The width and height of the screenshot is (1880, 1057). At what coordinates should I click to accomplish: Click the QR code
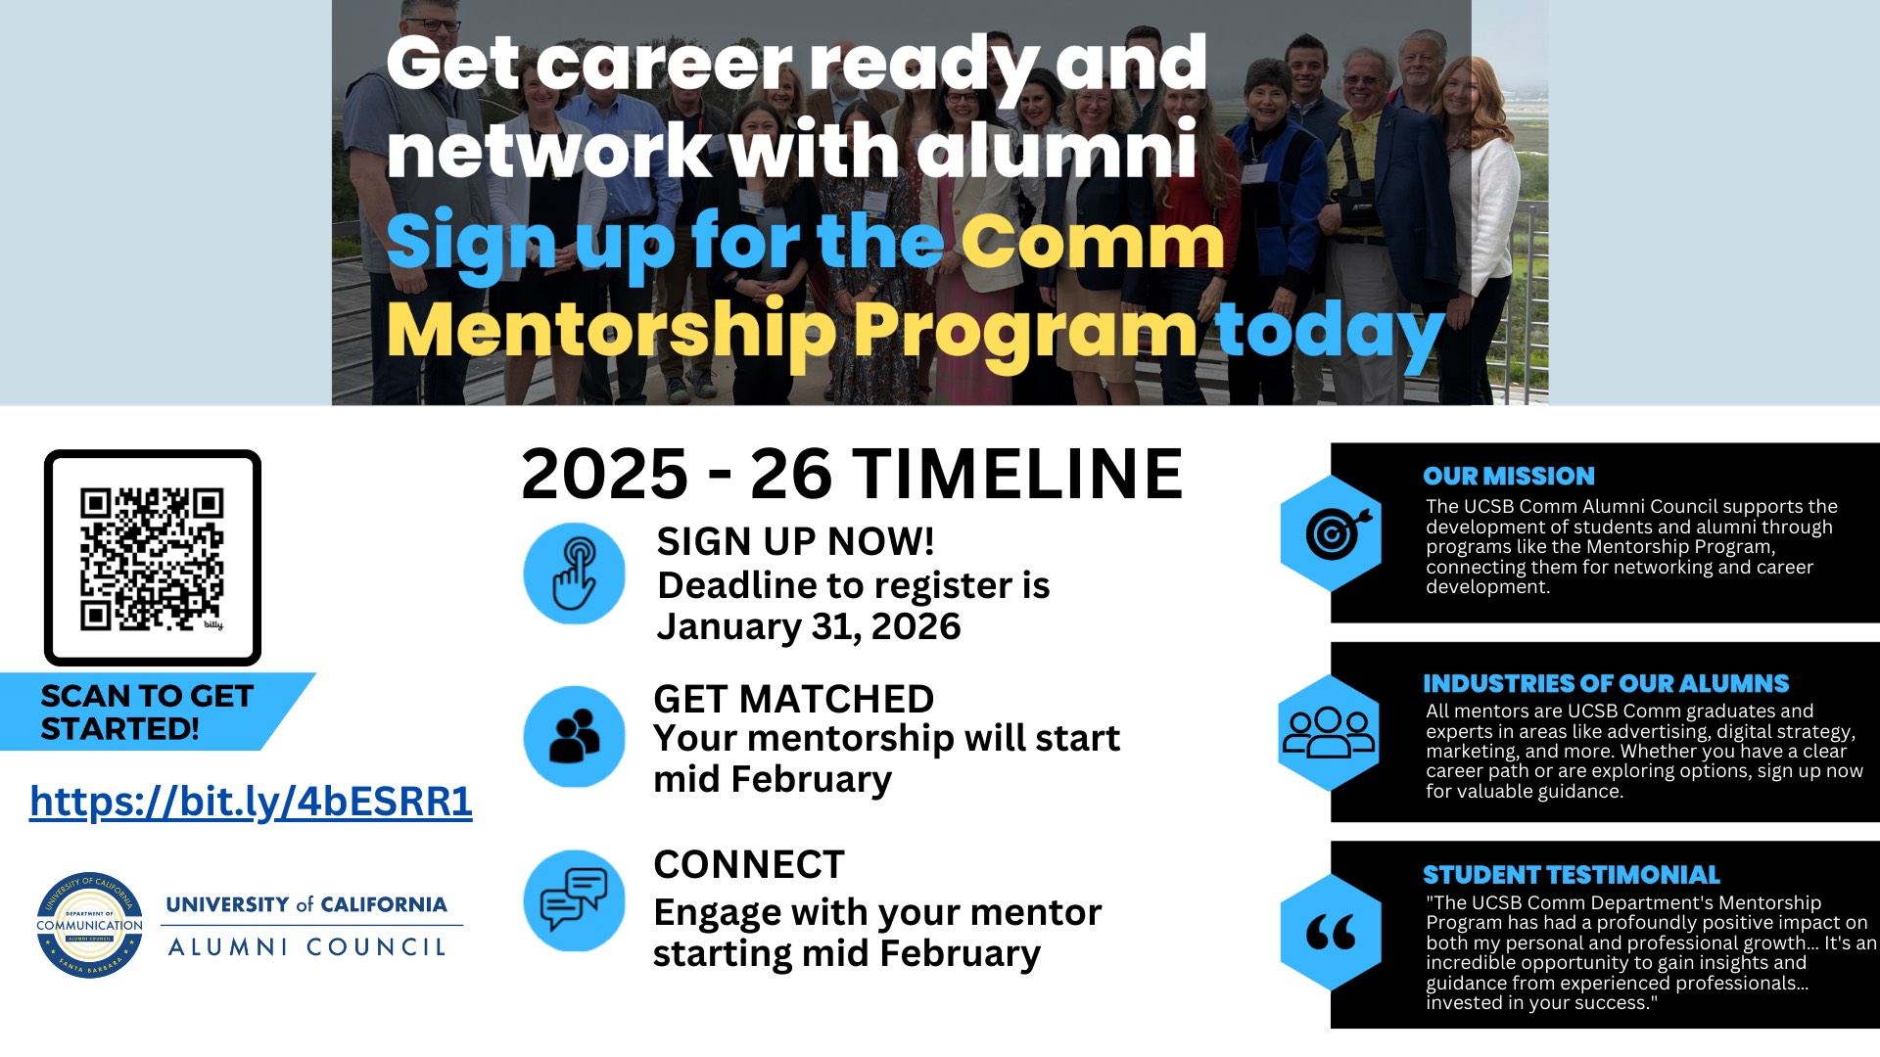tap(152, 558)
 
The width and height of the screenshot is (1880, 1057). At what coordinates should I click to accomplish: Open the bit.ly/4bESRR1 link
tap(251, 801)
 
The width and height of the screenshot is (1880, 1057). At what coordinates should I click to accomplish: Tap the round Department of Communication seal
tap(89, 925)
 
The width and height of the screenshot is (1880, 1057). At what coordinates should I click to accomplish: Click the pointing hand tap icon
tap(574, 574)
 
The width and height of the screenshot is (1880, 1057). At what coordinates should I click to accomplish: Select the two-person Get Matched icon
tap(574, 736)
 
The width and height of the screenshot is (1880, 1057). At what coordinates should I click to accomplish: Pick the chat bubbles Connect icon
tap(574, 900)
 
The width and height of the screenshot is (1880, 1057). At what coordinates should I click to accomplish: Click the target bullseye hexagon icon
tap(1331, 533)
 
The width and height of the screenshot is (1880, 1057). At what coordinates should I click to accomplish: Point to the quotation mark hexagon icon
tap(1331, 932)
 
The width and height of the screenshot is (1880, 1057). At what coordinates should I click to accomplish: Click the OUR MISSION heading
tap(1508, 477)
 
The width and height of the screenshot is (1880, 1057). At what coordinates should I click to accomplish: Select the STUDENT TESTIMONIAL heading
tap(1571, 875)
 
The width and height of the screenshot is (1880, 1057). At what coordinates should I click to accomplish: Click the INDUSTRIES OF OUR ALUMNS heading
tap(1605, 683)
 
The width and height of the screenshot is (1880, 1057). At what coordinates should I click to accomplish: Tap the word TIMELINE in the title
tap(1017, 475)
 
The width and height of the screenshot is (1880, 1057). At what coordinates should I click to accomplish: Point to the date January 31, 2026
tap(809, 626)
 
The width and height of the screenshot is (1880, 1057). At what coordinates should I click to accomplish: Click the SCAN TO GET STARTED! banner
tap(147, 712)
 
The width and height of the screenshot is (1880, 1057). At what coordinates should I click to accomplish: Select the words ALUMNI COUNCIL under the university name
tap(307, 946)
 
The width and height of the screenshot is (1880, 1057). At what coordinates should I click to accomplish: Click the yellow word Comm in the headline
tap(1092, 241)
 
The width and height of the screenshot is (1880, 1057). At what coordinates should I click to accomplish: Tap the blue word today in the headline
tap(1329, 331)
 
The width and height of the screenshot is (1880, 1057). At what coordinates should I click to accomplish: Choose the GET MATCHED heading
tap(793, 699)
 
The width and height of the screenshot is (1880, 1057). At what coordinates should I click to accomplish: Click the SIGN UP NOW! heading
tap(795, 541)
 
